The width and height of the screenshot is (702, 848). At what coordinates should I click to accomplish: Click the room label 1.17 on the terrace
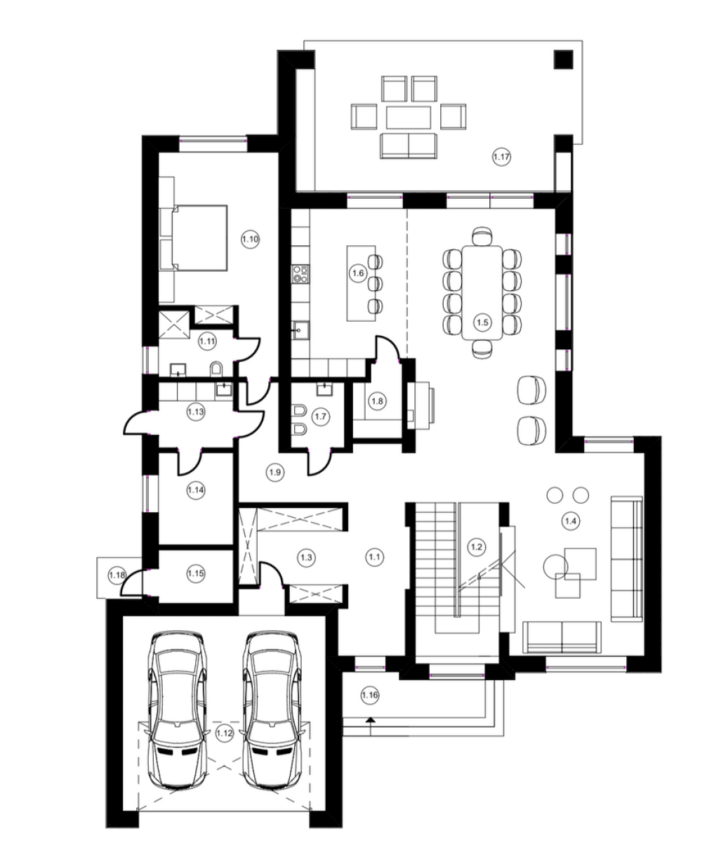tap(501, 157)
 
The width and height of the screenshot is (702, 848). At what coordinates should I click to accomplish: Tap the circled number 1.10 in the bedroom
tap(250, 239)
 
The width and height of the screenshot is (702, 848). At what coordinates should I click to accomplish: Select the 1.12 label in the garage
tap(224, 733)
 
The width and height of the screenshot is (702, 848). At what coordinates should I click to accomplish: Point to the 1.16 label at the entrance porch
tap(370, 695)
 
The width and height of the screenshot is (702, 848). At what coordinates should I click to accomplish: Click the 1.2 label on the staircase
tap(476, 547)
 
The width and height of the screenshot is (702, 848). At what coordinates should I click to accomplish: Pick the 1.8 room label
tap(377, 401)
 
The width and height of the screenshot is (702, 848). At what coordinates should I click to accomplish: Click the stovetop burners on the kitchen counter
tap(300, 273)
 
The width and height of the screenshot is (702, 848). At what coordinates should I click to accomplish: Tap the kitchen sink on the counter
tap(300, 330)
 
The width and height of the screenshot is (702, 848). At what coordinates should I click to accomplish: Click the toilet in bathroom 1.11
tap(216, 370)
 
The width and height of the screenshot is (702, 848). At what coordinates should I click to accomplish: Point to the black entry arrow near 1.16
tap(370, 719)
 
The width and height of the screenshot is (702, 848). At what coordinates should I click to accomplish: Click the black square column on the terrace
tap(563, 59)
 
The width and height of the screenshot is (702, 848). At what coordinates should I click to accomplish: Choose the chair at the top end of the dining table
tap(482, 235)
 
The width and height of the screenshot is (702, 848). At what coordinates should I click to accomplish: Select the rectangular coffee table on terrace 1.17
tap(409, 117)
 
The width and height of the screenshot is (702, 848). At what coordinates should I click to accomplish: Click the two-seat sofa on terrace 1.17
tap(409, 146)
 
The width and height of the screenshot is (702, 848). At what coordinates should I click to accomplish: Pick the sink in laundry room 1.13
tap(224, 390)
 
